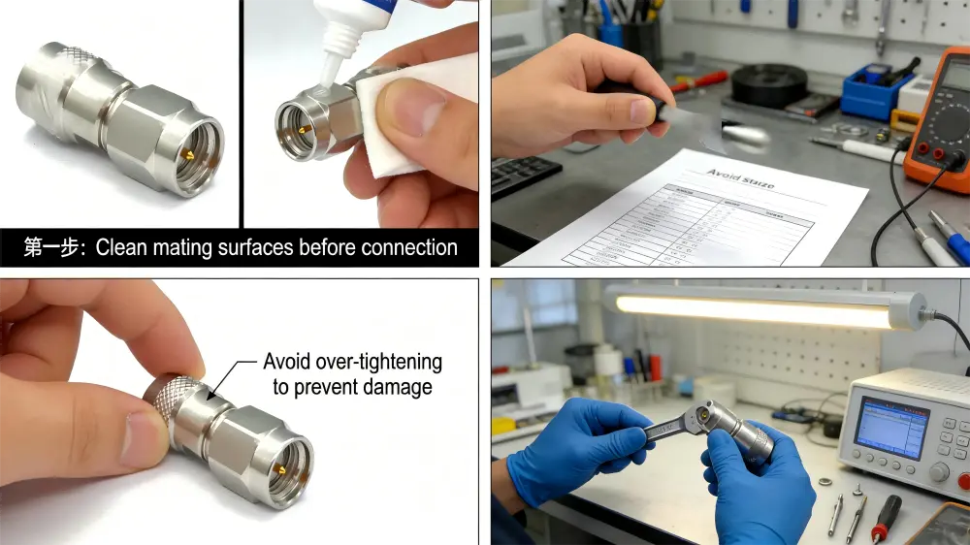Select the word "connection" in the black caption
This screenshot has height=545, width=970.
pos(408,247)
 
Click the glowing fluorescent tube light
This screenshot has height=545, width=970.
pos(757,309)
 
